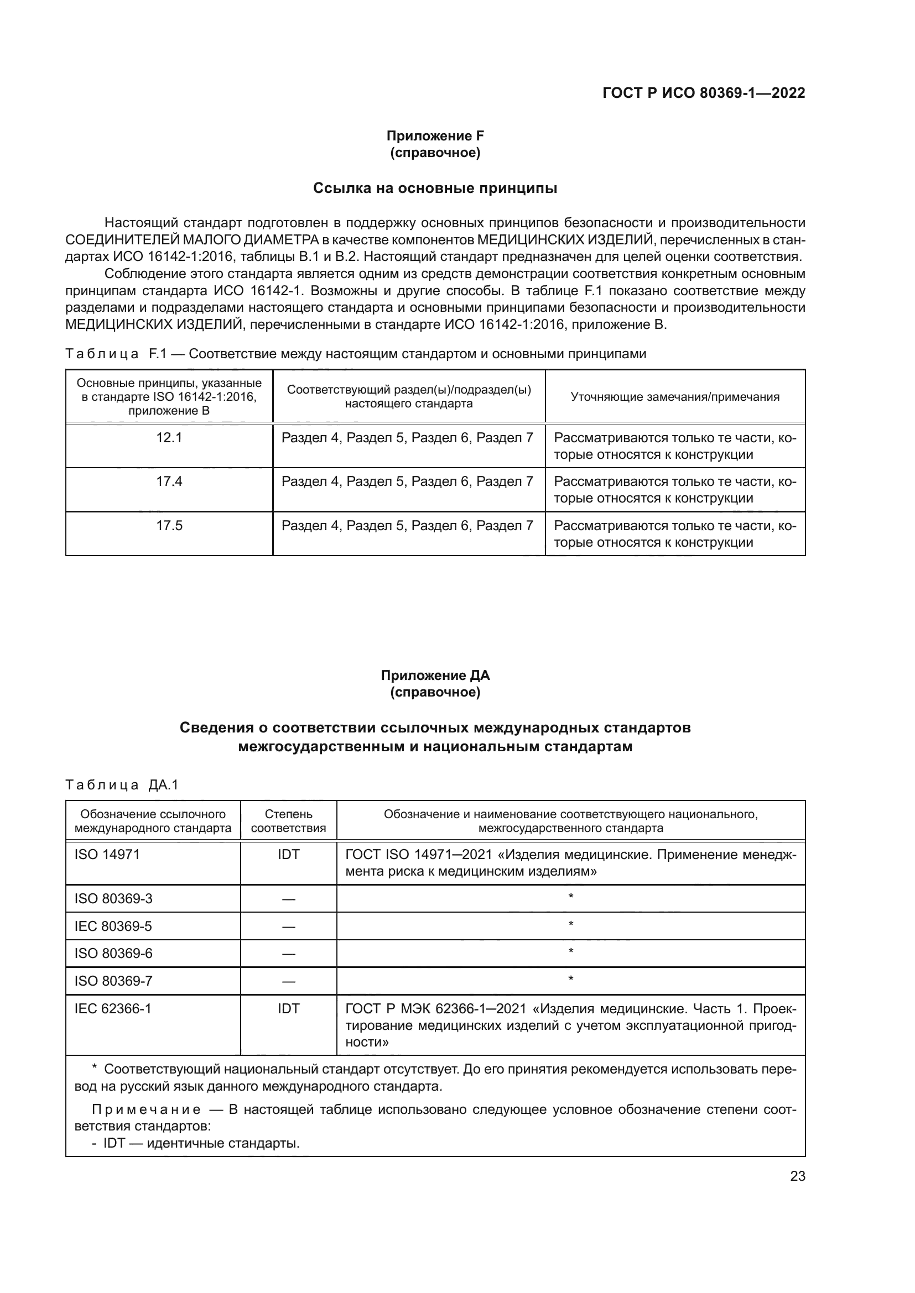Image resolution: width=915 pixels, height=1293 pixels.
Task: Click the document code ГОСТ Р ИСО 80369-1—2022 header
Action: pos(703,93)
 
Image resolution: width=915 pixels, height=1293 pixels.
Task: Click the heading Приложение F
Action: pos(435,136)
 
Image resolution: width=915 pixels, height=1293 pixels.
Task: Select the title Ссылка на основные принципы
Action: pos(435,188)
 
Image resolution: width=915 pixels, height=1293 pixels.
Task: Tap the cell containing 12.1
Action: pos(169,438)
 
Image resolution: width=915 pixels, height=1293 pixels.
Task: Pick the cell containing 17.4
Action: pos(169,481)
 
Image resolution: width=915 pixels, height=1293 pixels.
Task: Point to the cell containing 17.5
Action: pos(169,525)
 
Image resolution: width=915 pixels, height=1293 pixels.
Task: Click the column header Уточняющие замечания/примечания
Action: pos(674,396)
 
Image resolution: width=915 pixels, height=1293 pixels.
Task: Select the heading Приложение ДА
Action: pos(435,675)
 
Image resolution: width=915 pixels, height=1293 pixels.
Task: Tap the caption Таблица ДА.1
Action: pos(122,785)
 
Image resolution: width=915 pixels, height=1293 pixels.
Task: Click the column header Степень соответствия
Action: pos(288,821)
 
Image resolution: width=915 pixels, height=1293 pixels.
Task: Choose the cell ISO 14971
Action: pos(107,854)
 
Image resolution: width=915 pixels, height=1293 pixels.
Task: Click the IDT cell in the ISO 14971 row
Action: pos(288,854)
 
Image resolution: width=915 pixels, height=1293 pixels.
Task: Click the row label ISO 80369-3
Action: pos(113,898)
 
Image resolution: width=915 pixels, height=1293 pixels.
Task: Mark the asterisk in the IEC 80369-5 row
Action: pos(571,924)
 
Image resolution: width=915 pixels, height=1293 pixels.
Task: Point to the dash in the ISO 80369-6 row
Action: pos(288,954)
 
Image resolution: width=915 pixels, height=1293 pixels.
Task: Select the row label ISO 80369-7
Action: pos(113,981)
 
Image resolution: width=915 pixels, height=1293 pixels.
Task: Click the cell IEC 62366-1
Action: pos(113,1008)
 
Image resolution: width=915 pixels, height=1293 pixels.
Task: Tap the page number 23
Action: pos(797,1176)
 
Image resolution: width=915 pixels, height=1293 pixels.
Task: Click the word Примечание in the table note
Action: pos(146,1109)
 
